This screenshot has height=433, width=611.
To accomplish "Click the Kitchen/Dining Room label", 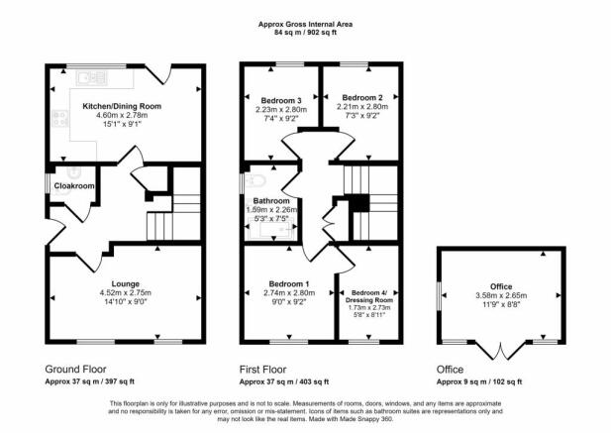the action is [122, 106].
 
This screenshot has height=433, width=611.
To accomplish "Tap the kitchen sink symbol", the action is [92, 78].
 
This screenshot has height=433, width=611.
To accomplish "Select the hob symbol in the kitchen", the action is [60, 118].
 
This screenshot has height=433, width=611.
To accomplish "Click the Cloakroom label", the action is [74, 186].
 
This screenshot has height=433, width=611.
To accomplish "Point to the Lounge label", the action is [126, 283].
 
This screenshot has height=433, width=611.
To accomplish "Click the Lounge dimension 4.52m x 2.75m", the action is [126, 292].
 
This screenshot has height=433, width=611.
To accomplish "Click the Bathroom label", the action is [271, 201].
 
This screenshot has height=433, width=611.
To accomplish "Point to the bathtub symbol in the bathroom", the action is [271, 228].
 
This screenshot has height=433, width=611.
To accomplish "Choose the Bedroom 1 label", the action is [289, 283].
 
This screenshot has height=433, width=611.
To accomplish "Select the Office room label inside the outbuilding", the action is [501, 286].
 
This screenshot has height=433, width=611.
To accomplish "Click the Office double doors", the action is [501, 350].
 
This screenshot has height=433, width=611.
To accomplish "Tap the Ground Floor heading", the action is [75, 369].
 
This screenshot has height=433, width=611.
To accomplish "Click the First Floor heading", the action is [263, 369].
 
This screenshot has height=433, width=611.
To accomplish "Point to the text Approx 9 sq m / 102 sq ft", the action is [479, 381].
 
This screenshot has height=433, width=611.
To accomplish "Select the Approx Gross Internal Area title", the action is [305, 24].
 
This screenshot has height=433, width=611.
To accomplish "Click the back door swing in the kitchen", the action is [159, 74].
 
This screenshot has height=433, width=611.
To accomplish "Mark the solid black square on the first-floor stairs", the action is [358, 203].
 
